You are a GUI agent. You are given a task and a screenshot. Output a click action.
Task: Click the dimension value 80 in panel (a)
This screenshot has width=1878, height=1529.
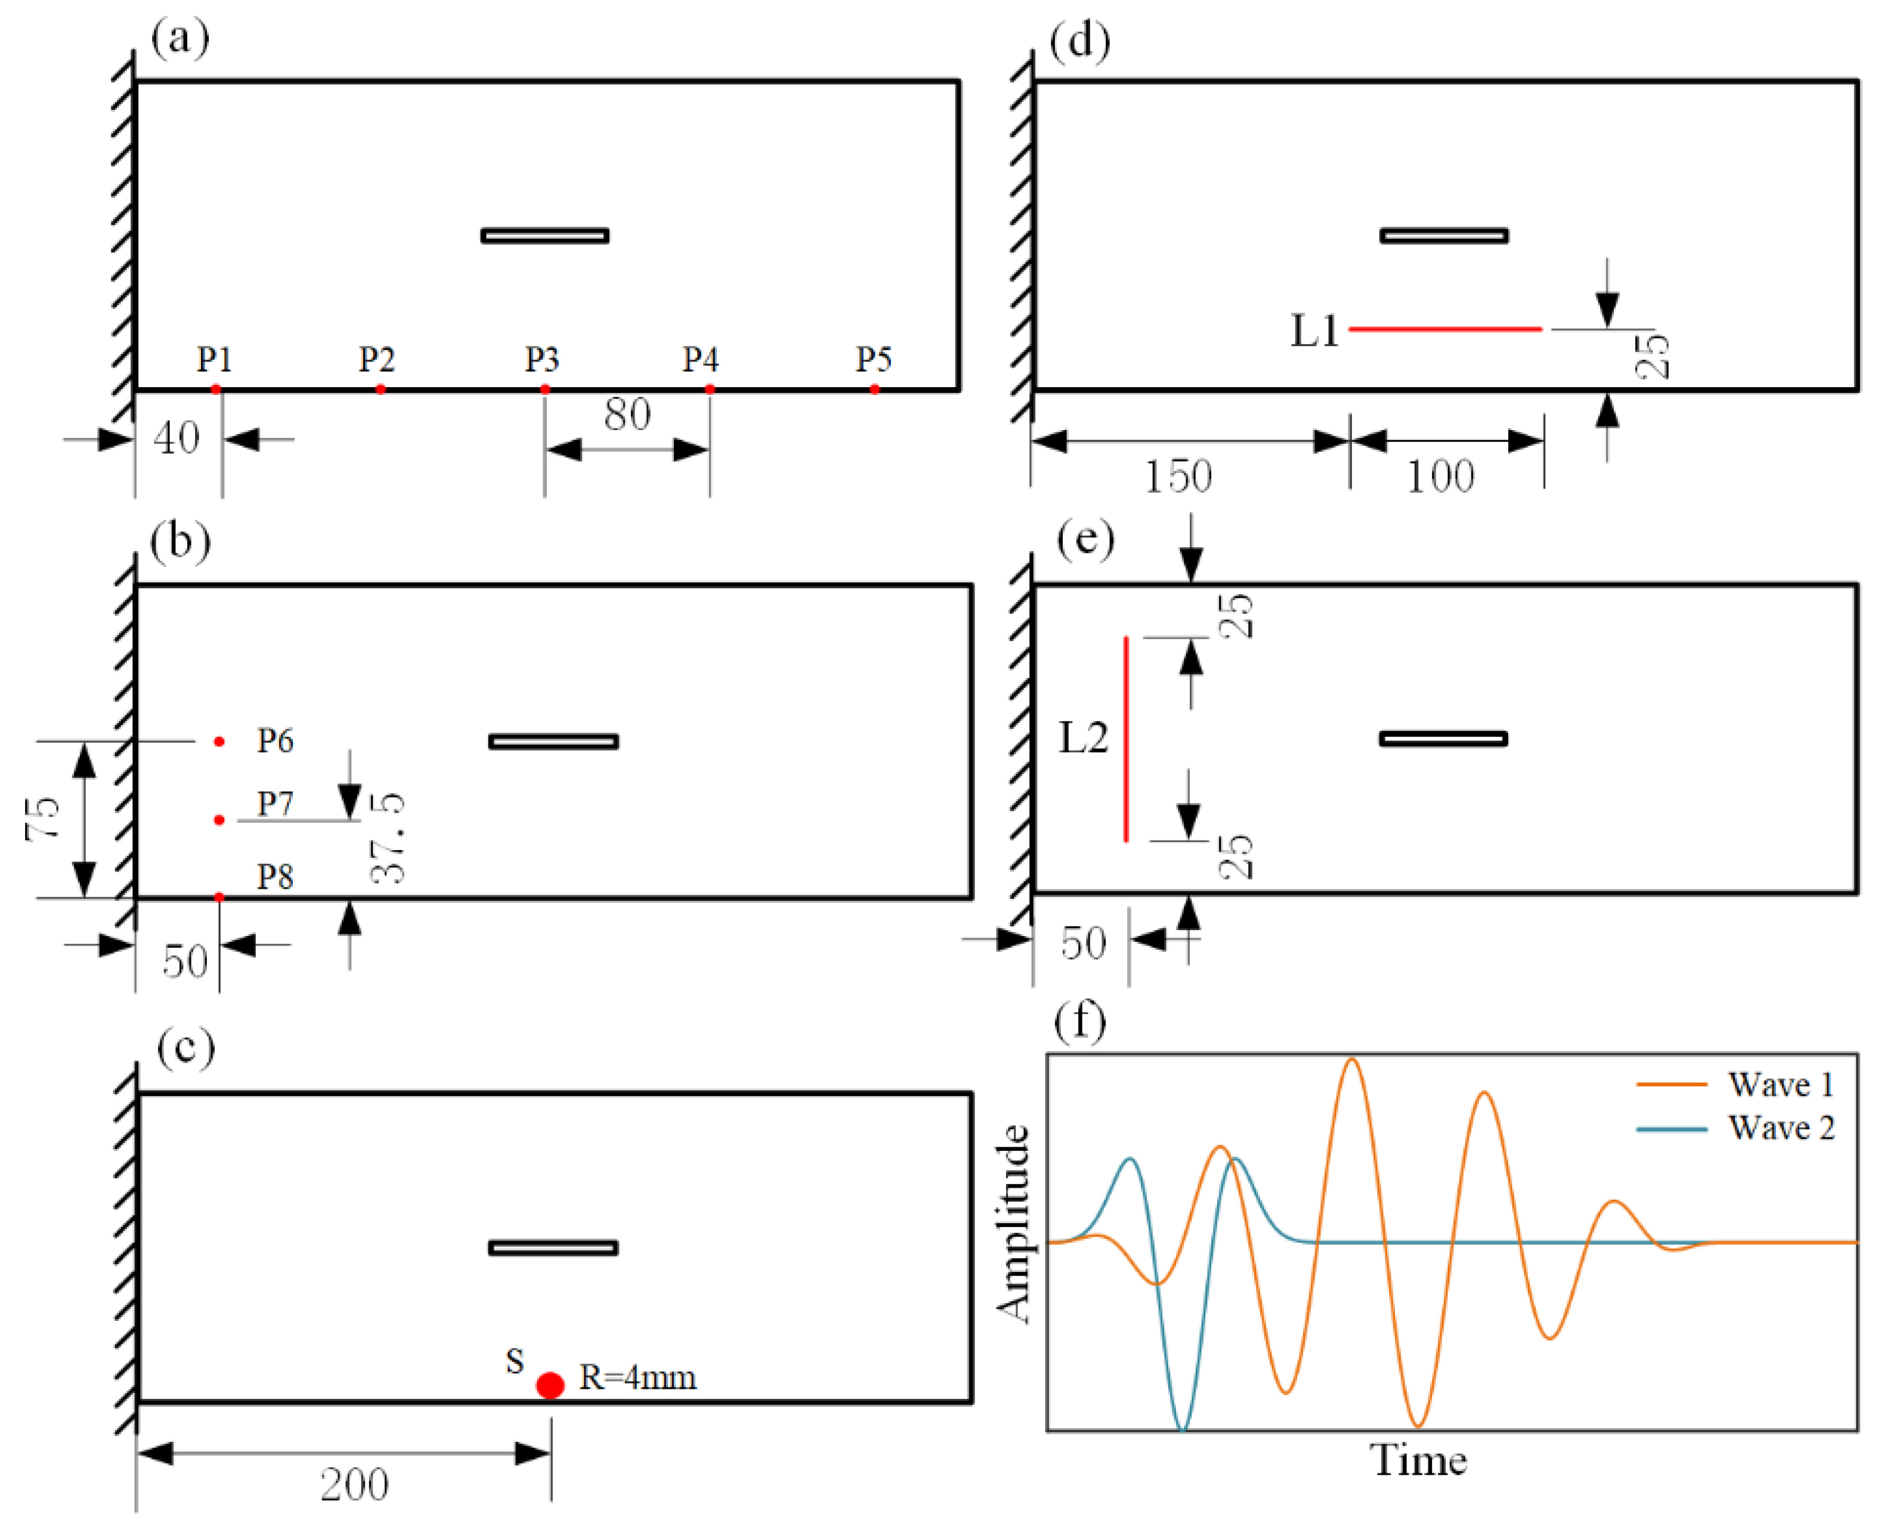click(x=627, y=415)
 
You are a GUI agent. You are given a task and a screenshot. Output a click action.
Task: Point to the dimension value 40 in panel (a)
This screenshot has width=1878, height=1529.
click(x=176, y=438)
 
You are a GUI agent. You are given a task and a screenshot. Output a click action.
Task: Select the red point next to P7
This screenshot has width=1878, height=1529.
click(x=219, y=820)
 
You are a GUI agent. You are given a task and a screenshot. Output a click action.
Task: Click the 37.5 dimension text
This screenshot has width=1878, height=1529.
click(x=388, y=838)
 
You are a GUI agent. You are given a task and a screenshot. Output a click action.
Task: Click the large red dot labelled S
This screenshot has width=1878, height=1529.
click(x=550, y=1385)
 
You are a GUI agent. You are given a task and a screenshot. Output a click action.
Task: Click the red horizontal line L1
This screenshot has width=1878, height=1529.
click(x=1445, y=329)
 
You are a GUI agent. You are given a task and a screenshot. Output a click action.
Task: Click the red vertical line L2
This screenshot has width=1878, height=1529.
click(x=1125, y=739)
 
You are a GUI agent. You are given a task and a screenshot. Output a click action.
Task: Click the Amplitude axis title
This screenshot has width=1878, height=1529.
click(x=1014, y=1224)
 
